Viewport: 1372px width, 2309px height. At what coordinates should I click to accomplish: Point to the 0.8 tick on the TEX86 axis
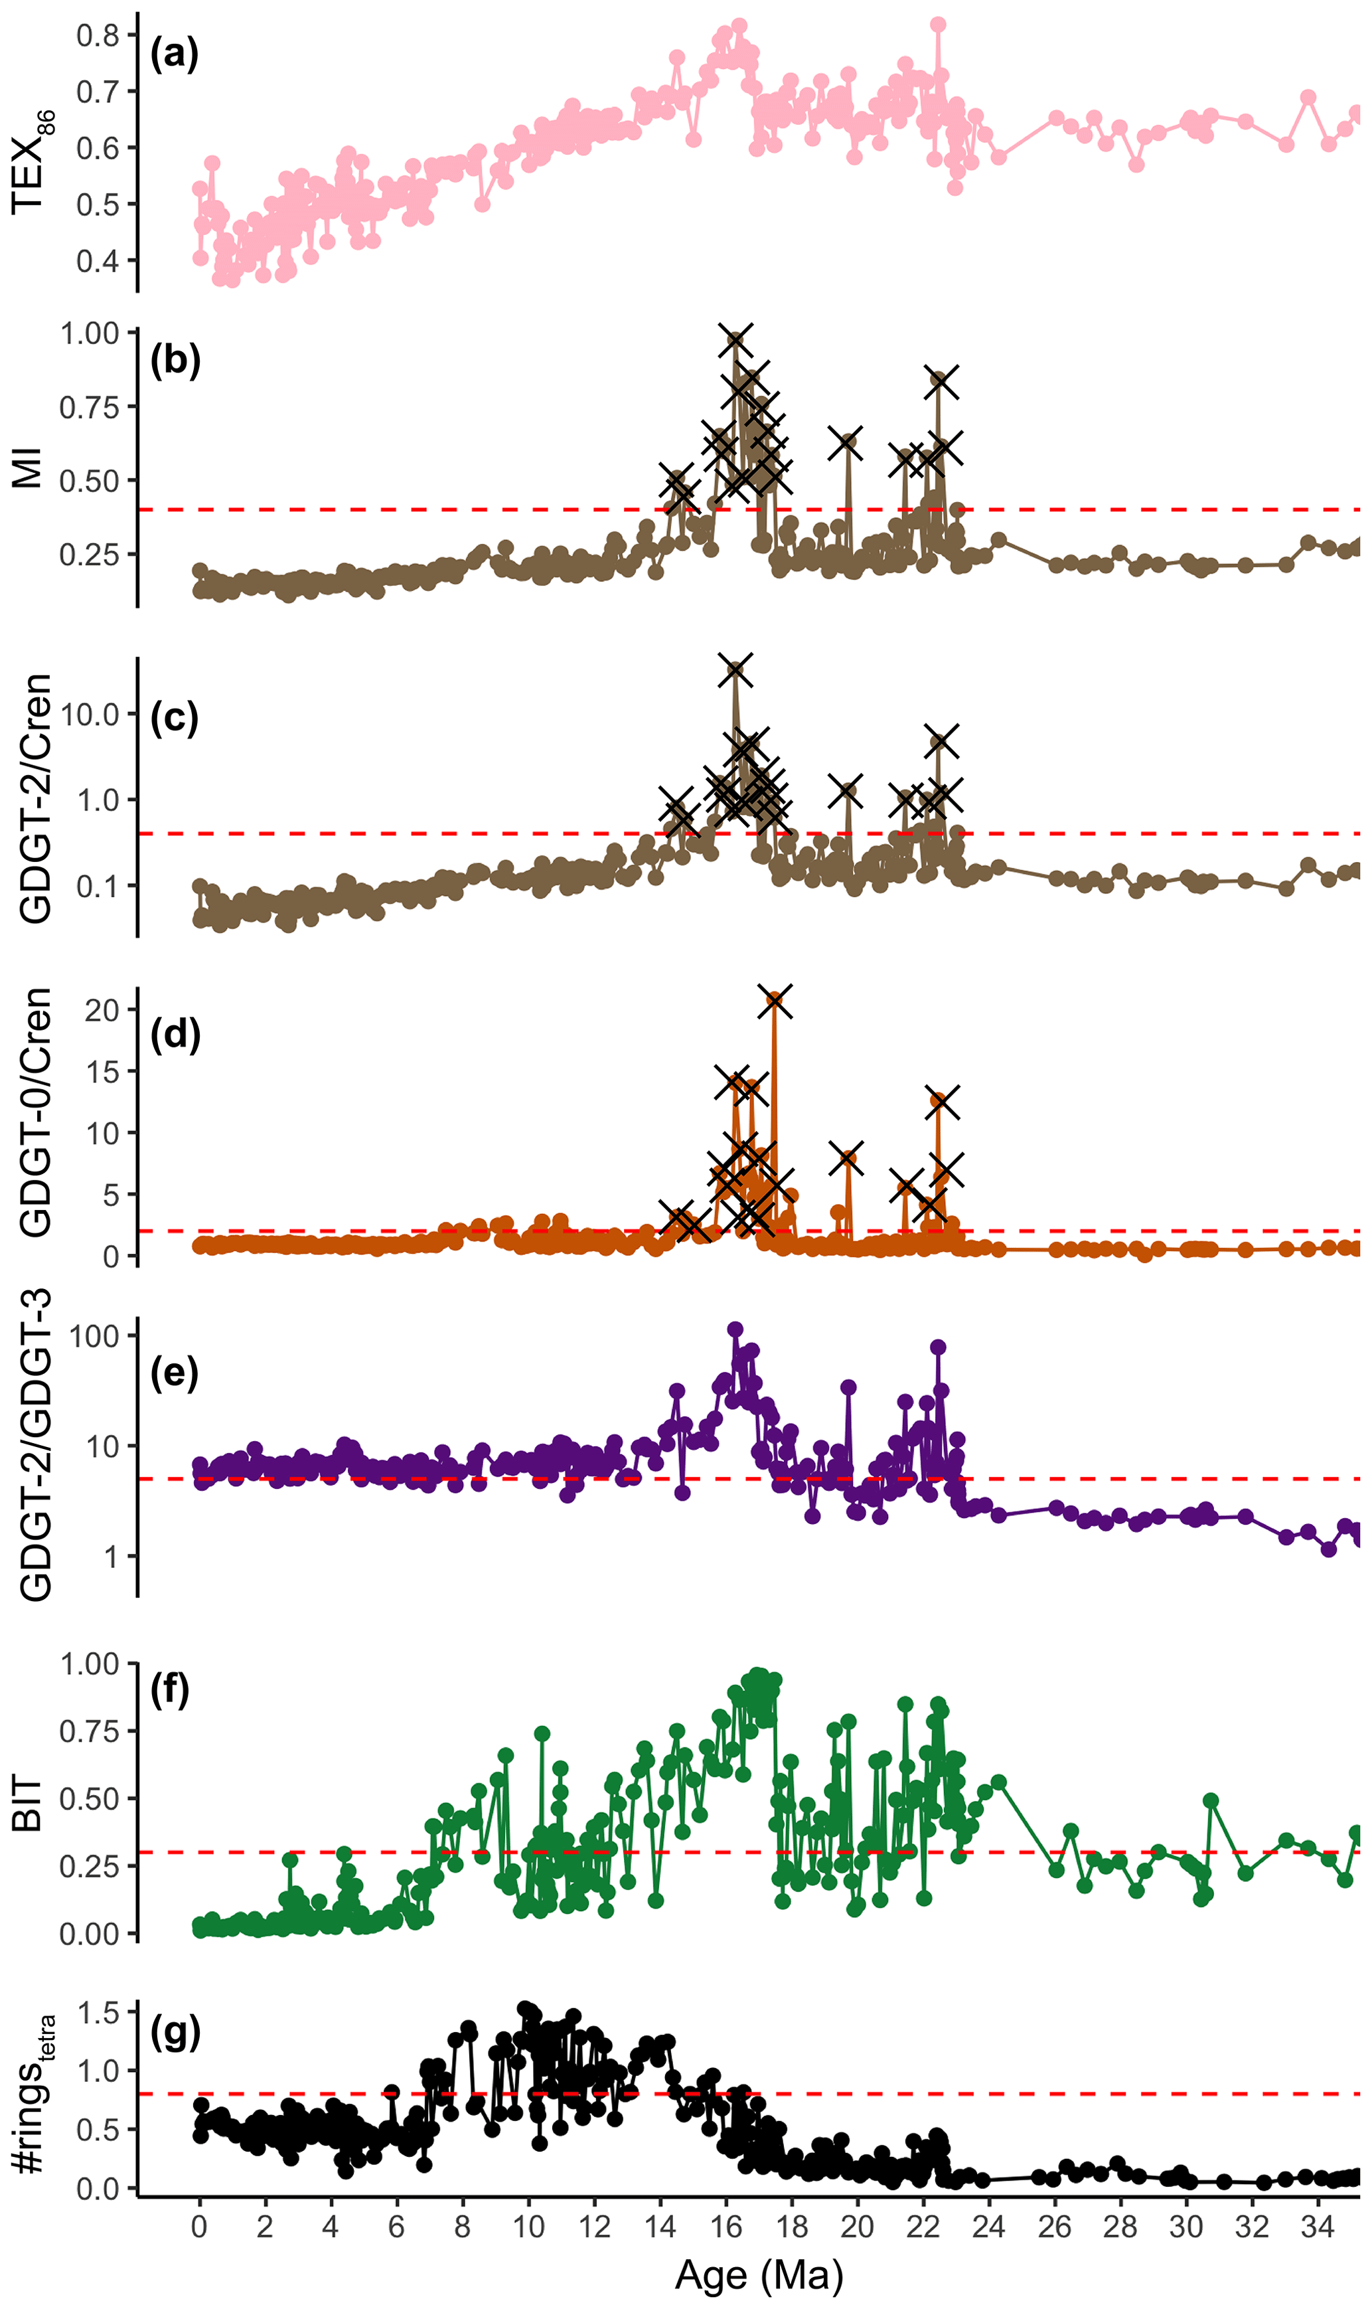pos(97,35)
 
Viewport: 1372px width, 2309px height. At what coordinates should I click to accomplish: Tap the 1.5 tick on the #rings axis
pos(96,2011)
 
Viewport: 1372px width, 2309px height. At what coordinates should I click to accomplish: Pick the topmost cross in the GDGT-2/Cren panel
pos(735,671)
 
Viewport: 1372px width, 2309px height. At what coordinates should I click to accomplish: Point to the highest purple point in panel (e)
pos(735,1329)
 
